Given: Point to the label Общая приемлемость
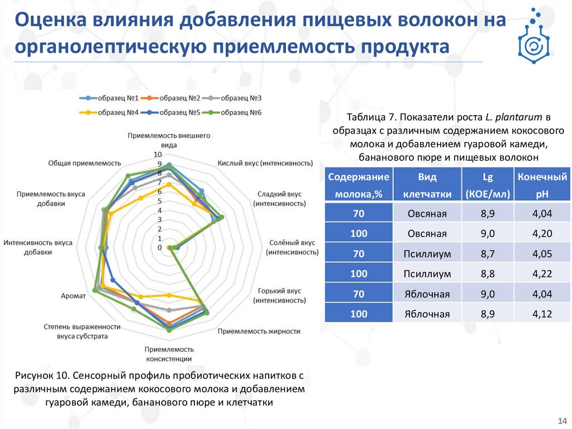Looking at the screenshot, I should [85, 163].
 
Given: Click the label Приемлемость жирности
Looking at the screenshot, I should [259, 331].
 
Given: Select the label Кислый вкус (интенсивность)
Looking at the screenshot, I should [264, 163].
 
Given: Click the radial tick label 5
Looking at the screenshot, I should [160, 201].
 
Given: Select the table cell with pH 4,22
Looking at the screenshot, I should [542, 274].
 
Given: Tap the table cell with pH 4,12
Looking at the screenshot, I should [542, 314].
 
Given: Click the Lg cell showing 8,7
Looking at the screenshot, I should [488, 253].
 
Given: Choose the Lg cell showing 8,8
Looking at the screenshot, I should [488, 274].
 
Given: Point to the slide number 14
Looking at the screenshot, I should [561, 421].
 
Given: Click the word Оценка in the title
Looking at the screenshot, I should [47, 21].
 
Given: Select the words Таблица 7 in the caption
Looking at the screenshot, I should [372, 117].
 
